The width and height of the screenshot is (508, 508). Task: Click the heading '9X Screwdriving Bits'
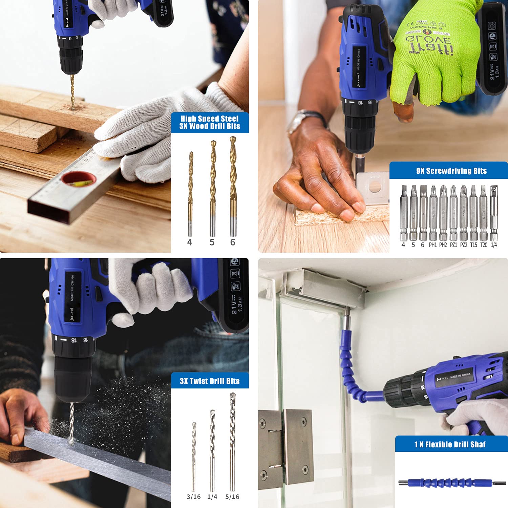click(451, 171)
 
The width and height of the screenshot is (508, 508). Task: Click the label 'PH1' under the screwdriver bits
click(433, 245)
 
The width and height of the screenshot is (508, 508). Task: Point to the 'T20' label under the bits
click(484, 245)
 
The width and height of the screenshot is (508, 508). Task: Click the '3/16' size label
click(194, 497)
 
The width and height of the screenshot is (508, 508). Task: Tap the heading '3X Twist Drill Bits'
click(210, 381)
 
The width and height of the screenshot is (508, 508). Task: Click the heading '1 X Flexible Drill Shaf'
click(450, 444)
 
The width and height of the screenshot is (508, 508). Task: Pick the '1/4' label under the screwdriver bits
click(494, 245)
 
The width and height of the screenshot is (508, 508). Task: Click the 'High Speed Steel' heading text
click(210, 119)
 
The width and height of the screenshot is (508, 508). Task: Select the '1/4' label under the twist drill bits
click(212, 497)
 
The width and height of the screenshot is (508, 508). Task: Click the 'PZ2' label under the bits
click(463, 245)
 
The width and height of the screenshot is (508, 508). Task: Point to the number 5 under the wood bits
click(212, 242)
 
